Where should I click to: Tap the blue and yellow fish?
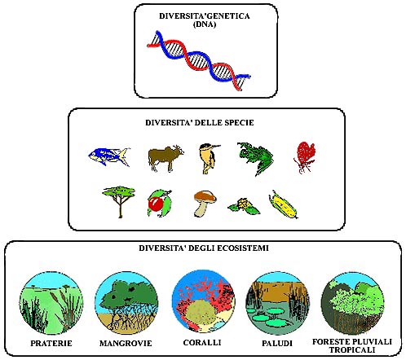(x=109, y=156)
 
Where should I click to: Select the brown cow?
(x=165, y=158)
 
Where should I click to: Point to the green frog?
(x=255, y=159)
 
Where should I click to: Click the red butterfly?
(x=305, y=157)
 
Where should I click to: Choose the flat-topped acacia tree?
(x=119, y=201)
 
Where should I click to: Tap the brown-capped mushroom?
(x=205, y=203)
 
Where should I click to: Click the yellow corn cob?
(x=283, y=204)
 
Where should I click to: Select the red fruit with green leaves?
(x=159, y=203)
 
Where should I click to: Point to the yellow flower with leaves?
(x=244, y=207)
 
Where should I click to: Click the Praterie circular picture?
(x=51, y=303)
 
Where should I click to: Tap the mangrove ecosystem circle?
(x=126, y=303)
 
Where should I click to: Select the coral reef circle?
(x=203, y=301)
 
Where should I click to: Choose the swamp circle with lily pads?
(x=277, y=304)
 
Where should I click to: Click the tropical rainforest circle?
(x=352, y=303)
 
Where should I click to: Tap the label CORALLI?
(x=202, y=343)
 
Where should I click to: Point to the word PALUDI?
(x=277, y=344)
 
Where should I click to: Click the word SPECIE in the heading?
(x=239, y=123)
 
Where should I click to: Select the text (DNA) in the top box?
(x=205, y=24)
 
